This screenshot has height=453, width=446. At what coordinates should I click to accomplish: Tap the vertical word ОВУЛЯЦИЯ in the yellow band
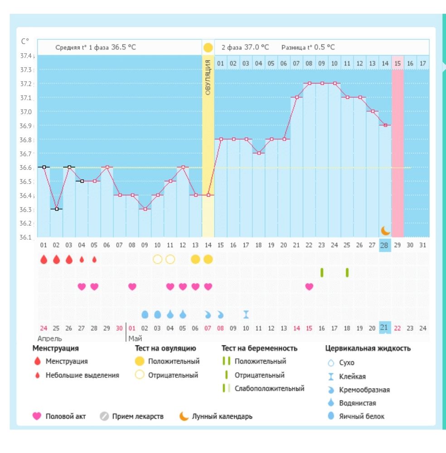coord(208,77)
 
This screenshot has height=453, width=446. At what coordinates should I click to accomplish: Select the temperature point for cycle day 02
coord(56,209)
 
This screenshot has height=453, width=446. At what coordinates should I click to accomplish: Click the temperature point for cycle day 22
coord(309,83)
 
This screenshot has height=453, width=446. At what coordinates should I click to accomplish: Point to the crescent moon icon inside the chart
coord(385,230)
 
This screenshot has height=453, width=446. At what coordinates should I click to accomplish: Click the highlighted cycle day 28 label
coord(385,245)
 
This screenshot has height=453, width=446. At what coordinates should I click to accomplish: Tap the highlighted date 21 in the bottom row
coord(385,328)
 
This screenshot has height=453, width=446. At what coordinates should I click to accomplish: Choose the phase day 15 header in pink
coord(398,64)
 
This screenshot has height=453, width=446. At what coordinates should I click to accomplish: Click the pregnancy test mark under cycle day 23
coord(322,272)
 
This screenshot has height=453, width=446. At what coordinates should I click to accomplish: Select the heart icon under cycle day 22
coord(309,286)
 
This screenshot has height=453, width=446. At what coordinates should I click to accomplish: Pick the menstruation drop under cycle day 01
coord(44,260)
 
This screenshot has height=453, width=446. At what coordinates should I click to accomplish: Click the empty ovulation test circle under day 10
coord(157,259)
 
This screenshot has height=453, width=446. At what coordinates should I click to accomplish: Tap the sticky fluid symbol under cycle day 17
coord(246,314)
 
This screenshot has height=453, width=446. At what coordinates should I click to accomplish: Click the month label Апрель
coord(50,338)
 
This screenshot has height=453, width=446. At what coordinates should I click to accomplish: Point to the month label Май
coord(136,338)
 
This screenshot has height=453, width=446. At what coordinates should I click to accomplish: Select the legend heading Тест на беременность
coord(259,348)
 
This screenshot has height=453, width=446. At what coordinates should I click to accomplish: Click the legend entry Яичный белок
coord(361,416)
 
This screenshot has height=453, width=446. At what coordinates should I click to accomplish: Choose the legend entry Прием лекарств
coord(138,416)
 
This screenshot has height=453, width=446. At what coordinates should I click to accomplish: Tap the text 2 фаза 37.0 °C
coord(245,47)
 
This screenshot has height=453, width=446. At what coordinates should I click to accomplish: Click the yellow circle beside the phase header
coord(208,47)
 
